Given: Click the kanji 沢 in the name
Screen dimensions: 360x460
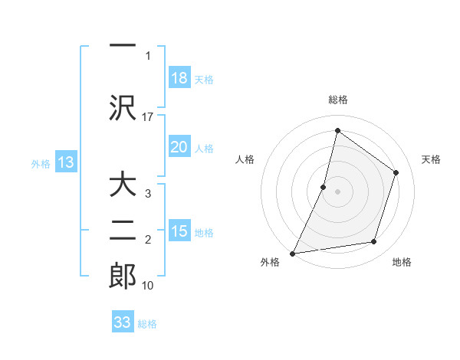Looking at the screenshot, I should click(x=123, y=107).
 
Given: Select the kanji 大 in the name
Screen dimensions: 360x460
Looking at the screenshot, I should click(x=123, y=185).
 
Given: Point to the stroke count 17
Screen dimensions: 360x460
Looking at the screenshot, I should click(x=148, y=116).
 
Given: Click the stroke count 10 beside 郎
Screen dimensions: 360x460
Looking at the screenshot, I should click(x=148, y=286).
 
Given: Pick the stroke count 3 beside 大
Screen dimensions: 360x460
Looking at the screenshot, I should click(x=148, y=194).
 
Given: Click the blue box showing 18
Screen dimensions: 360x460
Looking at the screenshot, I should click(x=179, y=79).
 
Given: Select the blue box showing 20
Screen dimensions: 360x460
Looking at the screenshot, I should click(x=179, y=147).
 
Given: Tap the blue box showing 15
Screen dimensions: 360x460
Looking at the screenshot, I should click(x=179, y=231).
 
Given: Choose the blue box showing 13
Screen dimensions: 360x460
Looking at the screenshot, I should click(x=66, y=162).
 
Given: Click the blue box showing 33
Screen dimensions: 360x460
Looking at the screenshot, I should click(x=123, y=322).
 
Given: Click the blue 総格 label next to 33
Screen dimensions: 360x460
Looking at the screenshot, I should click(x=147, y=323).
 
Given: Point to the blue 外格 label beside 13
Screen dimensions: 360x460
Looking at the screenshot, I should click(x=41, y=163).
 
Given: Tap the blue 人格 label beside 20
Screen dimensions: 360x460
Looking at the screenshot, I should click(x=204, y=148).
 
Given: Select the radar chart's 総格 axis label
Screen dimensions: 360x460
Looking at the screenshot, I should click(x=337, y=100).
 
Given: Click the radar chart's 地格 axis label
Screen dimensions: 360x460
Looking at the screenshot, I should click(x=402, y=263).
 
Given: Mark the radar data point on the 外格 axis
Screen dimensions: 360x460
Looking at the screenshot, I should click(x=293, y=253).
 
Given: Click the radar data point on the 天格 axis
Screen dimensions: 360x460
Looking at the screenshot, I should click(x=396, y=172).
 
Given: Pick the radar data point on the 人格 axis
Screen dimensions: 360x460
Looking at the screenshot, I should click(x=324, y=187).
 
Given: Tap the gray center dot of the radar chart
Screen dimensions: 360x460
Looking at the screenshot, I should click(x=337, y=191).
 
